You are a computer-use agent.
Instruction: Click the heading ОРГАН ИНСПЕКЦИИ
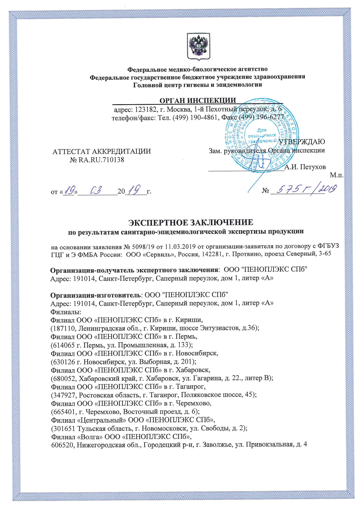(x=198, y=100)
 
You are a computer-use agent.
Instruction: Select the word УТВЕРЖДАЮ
(x=302, y=142)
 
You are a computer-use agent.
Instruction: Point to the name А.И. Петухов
(x=305, y=167)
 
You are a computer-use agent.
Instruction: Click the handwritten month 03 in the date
(x=96, y=191)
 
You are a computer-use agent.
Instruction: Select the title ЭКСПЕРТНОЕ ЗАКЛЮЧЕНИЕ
(x=191, y=222)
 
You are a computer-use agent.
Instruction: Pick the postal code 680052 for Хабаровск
(x=64, y=378)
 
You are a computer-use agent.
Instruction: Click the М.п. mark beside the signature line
(x=337, y=175)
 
